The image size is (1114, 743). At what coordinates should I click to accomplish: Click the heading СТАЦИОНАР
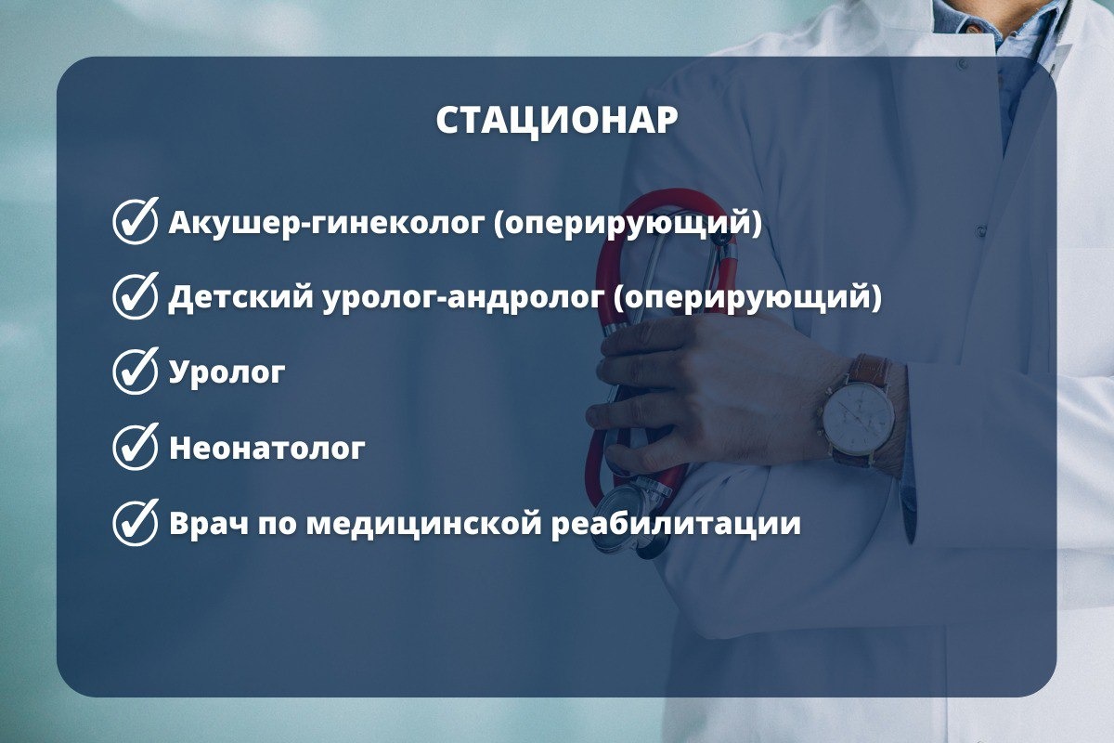coord(557,121)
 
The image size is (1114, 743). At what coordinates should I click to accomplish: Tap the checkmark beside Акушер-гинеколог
coord(136,221)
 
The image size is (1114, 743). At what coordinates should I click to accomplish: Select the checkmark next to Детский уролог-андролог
coord(136,296)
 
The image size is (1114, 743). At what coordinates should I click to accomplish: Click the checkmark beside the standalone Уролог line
coord(136,371)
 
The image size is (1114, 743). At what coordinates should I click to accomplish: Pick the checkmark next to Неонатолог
coord(136,447)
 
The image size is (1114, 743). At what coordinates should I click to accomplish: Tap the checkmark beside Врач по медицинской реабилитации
coord(136,523)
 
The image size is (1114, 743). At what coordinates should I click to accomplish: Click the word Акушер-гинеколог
coord(326,223)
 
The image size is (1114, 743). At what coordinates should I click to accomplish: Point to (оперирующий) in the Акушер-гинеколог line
coord(628,224)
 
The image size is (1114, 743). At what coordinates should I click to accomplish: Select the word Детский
coord(241,297)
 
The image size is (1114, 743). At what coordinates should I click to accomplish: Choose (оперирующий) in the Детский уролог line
coord(747,299)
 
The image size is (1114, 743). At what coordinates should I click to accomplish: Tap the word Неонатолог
coord(267,449)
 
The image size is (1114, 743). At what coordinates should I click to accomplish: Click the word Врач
coord(208,524)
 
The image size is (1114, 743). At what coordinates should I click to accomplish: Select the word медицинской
coord(423,524)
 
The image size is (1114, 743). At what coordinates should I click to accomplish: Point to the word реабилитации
coord(676,524)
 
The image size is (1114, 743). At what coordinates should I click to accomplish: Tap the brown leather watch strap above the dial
coord(872,370)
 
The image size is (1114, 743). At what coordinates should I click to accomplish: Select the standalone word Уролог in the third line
coord(227,373)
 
